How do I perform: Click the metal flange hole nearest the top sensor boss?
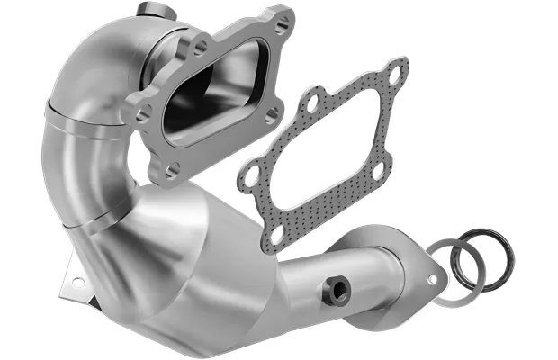click(199, 42)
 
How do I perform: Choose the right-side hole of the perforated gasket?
click(378, 167)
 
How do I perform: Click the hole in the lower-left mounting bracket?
click(77, 282)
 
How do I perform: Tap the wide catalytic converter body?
click(207, 270)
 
